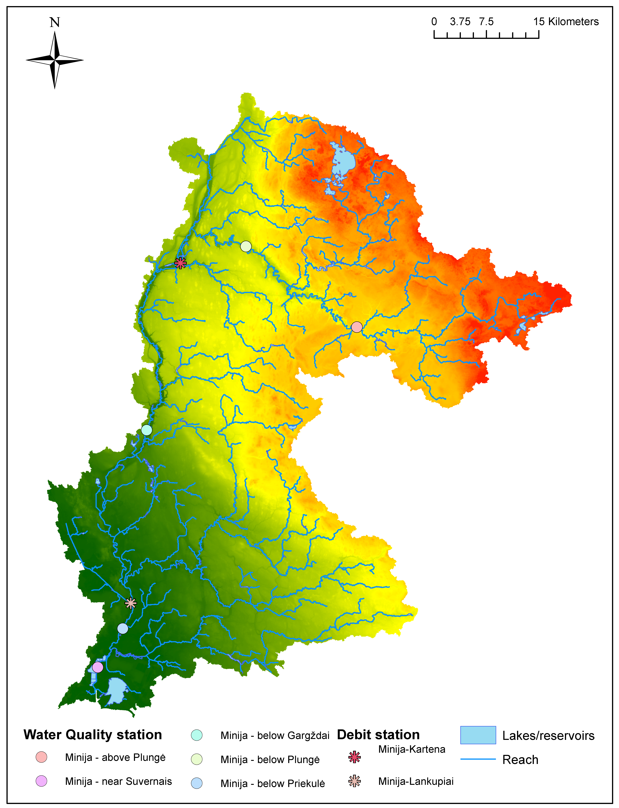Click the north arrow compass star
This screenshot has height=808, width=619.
point(54,60)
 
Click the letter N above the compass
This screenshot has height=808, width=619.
point(54,23)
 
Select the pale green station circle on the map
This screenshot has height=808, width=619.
point(246,246)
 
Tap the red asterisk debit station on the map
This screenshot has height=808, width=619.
point(180,263)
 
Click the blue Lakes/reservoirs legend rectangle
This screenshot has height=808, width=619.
point(478,735)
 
